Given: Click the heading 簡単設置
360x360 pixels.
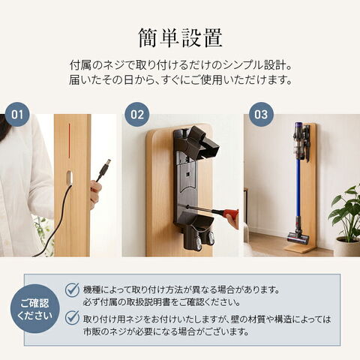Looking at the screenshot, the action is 180,38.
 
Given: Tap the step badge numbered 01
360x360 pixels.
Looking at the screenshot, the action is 17,115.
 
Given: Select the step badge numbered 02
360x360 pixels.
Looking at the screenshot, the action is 137,115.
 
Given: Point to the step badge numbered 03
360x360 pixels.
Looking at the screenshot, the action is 261,115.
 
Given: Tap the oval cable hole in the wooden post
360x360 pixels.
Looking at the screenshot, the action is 70,178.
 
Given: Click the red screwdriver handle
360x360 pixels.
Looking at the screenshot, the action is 230,214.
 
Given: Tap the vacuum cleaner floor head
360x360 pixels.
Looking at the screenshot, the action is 298,237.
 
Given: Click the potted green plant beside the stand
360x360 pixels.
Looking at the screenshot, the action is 346,220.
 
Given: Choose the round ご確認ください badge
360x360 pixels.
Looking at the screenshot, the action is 35,308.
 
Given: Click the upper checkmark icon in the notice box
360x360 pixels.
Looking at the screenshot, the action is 72,290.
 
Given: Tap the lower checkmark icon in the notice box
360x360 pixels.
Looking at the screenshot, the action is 72,318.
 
